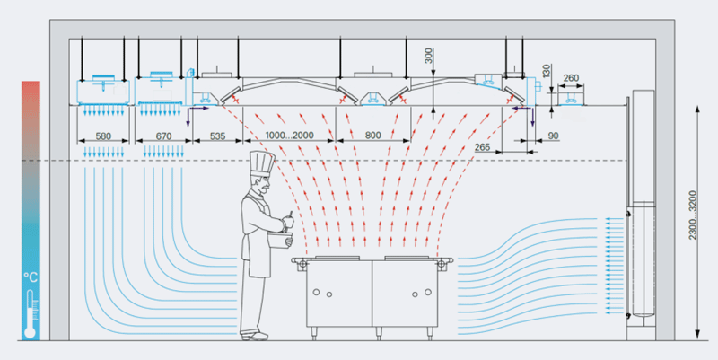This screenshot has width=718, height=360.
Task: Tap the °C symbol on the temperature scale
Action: (31, 275)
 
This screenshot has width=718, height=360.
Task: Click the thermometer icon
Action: (31, 311)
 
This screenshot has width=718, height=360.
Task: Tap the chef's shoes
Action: (254, 337)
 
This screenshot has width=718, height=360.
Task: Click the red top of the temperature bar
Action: (31, 90)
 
